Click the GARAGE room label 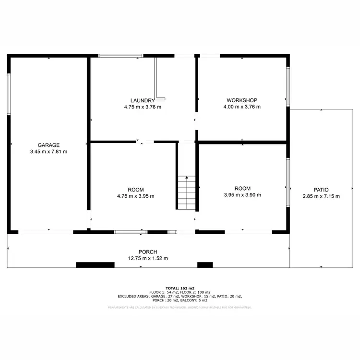(x=48, y=145)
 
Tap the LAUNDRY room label (x=142, y=100)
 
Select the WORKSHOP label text (x=242, y=100)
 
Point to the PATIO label (x=321, y=190)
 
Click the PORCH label (x=148, y=252)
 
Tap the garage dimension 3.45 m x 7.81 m (x=48, y=152)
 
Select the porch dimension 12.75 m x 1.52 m (x=148, y=258)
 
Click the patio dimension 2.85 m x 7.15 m (x=321, y=196)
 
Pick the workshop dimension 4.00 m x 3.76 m (x=242, y=107)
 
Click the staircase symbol (x=186, y=192)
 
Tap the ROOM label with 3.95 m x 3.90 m (x=242, y=189)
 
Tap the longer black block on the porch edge (x=95, y=264)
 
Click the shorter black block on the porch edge (x=205, y=264)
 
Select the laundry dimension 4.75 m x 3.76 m (x=142, y=107)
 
